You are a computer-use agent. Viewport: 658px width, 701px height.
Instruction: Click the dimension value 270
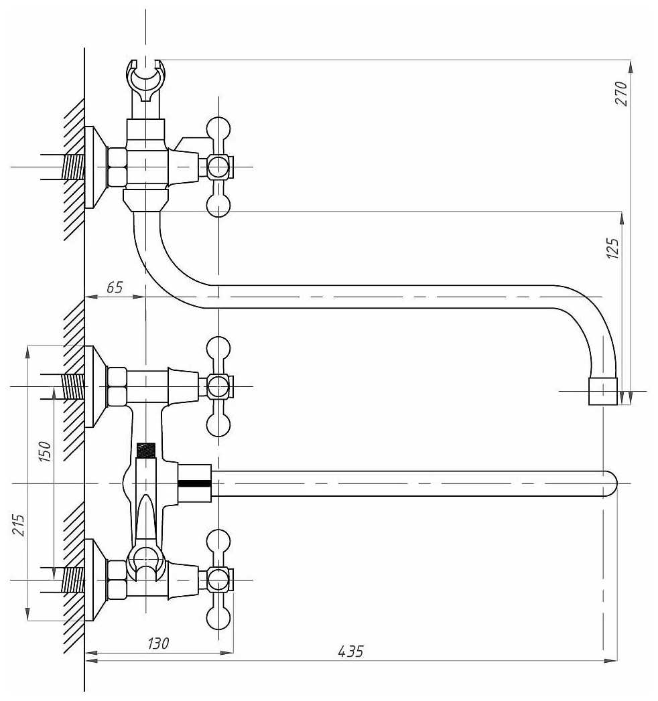(621, 94)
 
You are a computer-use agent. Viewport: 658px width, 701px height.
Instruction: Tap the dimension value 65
(115, 289)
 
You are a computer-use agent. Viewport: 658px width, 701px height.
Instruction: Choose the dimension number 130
(158, 643)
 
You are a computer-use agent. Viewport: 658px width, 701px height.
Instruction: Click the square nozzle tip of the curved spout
(602, 391)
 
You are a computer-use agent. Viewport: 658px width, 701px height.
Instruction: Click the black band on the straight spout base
(194, 483)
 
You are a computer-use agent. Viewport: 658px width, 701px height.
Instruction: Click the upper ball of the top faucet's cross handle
(218, 128)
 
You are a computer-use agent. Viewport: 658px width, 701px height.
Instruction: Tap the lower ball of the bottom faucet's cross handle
(218, 618)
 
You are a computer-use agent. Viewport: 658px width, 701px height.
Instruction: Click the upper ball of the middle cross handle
(218, 347)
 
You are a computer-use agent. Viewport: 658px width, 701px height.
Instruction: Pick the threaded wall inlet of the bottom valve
(72, 579)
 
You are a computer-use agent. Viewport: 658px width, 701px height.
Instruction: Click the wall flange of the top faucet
(96, 167)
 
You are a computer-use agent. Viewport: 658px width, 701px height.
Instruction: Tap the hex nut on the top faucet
(117, 167)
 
